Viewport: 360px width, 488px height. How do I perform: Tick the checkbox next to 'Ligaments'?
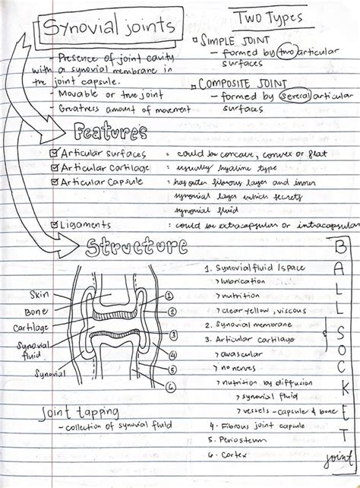pos(53,224)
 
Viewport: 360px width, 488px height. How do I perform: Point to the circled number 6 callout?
pos(170,386)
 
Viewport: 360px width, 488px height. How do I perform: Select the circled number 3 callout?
pos(174,334)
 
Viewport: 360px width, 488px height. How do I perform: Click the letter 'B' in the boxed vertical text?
pos(339,248)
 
